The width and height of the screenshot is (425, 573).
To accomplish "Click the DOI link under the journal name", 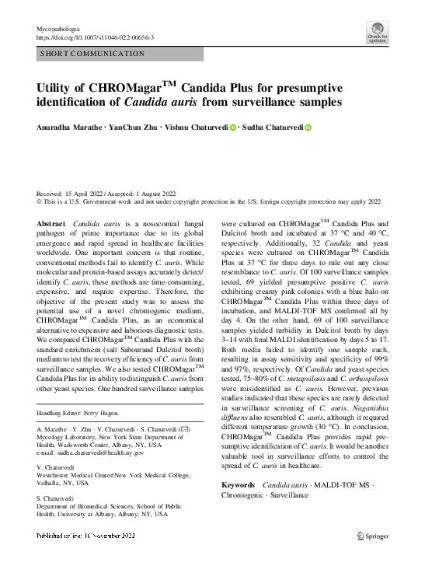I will (95, 37).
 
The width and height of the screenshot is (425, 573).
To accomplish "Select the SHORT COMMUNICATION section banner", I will (93, 54).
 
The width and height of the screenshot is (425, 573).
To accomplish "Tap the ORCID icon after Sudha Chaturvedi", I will (308, 128).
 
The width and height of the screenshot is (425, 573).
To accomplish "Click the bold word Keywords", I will (238, 485).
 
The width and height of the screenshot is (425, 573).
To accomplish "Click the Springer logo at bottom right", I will (371, 536).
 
